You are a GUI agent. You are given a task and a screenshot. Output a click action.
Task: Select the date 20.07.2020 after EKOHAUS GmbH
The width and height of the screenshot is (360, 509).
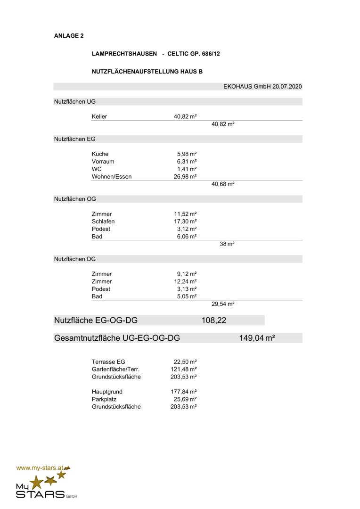click(x=287, y=87)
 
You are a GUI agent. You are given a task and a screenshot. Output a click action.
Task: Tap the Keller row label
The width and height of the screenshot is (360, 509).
click(x=99, y=116)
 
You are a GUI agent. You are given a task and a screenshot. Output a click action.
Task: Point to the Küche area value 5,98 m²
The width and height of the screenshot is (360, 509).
click(x=187, y=154)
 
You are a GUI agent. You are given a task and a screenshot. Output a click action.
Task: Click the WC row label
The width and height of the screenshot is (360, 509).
click(x=97, y=169)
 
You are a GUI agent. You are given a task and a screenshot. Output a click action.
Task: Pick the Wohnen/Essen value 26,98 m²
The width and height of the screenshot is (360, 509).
click(x=185, y=177)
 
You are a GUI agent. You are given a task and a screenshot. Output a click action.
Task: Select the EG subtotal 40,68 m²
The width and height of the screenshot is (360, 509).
click(x=223, y=184)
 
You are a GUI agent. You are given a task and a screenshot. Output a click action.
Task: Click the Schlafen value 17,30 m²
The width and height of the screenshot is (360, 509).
click(x=185, y=222)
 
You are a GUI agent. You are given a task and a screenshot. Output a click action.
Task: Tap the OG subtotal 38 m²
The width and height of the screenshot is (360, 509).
click(x=227, y=244)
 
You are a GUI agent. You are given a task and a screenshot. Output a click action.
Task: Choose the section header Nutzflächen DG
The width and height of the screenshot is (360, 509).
click(x=75, y=259)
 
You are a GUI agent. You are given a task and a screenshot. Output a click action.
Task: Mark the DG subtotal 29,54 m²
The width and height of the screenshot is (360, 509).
click(x=223, y=304)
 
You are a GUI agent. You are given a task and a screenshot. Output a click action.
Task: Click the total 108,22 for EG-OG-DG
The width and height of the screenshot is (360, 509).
click(x=214, y=321)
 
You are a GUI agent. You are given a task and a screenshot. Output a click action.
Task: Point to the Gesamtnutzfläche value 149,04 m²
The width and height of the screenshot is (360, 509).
click(x=257, y=338)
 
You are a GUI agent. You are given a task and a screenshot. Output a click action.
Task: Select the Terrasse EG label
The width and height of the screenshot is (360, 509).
click(x=108, y=362)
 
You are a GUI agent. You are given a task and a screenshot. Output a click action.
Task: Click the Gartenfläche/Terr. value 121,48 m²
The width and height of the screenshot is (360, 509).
click(x=183, y=369)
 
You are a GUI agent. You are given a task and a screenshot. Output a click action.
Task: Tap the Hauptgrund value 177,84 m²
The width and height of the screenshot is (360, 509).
click(x=183, y=392)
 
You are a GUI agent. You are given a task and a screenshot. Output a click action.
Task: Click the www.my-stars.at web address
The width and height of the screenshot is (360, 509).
click(x=40, y=468)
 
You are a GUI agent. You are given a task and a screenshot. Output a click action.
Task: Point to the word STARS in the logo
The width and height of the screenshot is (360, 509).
click(x=40, y=494)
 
